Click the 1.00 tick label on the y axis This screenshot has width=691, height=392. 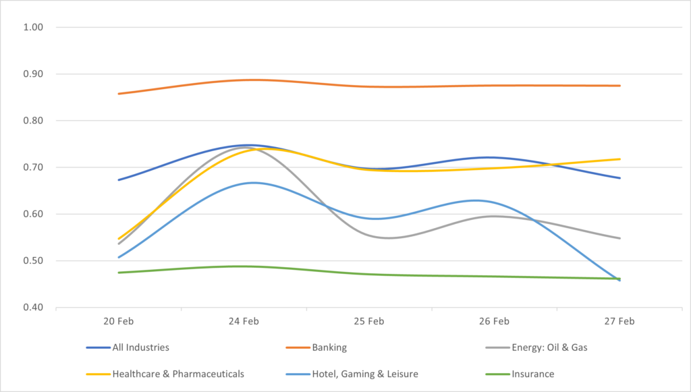coord(33,28)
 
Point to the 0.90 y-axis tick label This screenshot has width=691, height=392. coord(33,74)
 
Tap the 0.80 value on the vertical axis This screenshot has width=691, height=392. coord(33,121)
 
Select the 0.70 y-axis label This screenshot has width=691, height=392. coord(33,167)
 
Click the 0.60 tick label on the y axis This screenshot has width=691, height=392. coord(33,215)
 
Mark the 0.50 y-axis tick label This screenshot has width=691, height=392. coord(33,261)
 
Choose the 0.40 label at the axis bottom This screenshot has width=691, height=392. coord(33,308)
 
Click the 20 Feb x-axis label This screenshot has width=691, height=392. coord(118,322)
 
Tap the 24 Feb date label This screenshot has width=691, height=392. coord(244,322)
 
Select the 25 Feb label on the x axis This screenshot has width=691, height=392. coord(369,322)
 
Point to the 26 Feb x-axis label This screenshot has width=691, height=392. coord(495,322)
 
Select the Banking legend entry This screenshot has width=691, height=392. coord(329,348)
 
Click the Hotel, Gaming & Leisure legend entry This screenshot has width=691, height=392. coord(365,373)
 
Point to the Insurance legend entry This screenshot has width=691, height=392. coord(533,373)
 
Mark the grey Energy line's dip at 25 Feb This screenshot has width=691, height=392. coord(388,237)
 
